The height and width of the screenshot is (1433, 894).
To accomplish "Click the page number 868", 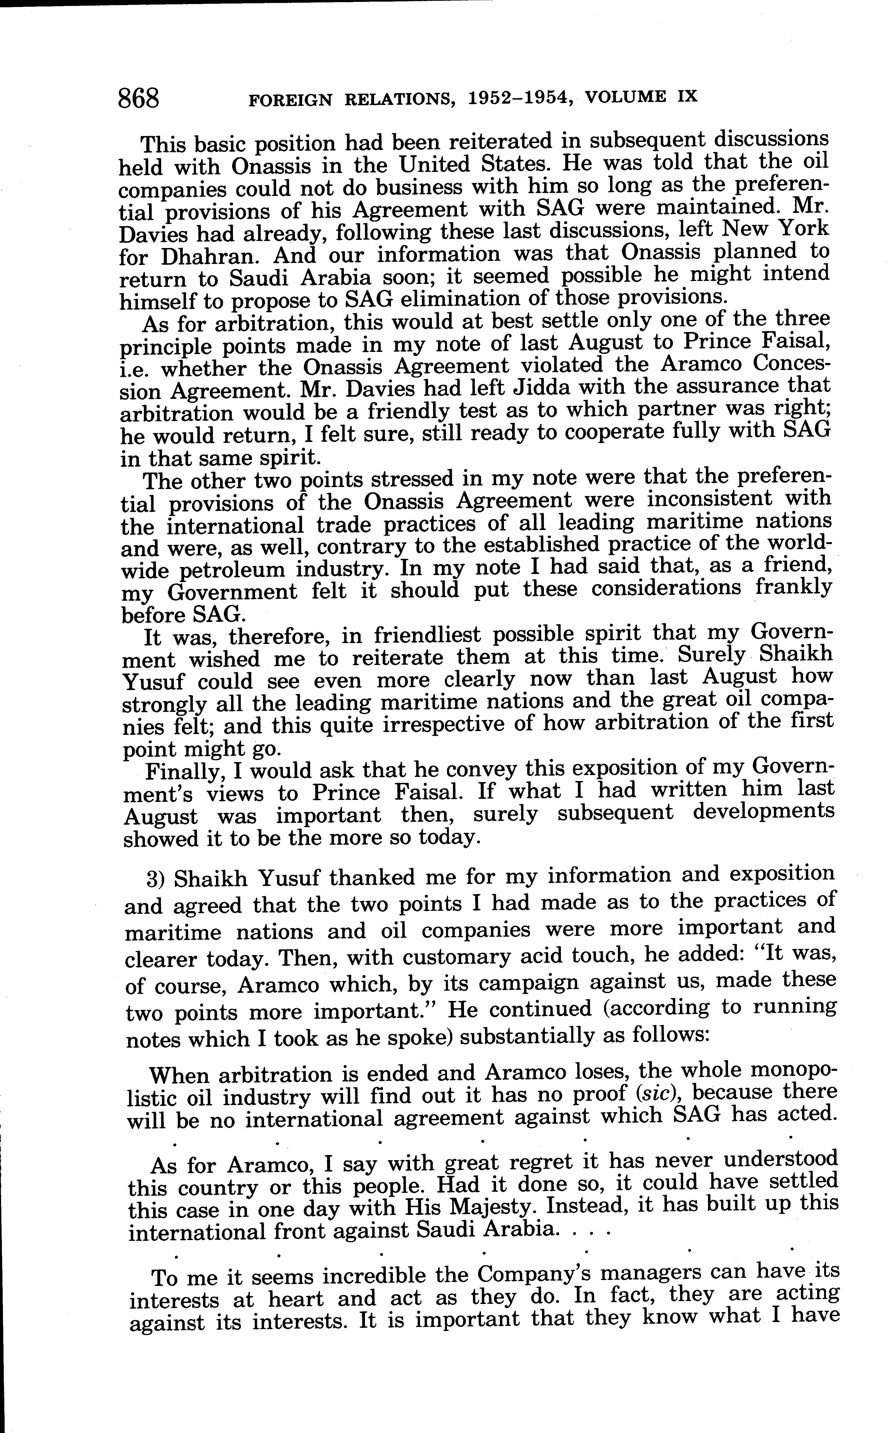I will pos(139,97).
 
